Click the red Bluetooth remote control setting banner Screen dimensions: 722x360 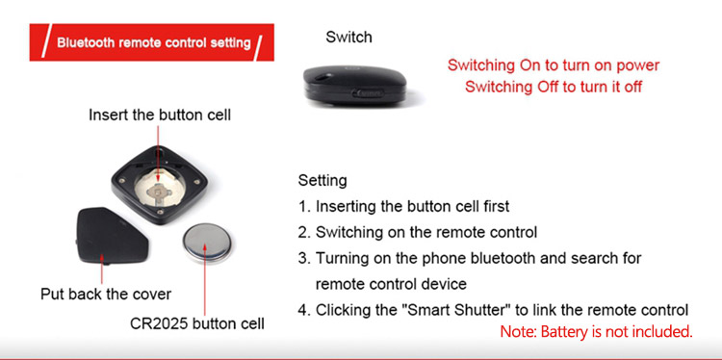click(x=151, y=42)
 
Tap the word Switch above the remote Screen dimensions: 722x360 click(x=348, y=38)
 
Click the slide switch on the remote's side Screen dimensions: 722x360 click(x=368, y=93)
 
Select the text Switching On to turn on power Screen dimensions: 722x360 click(x=553, y=65)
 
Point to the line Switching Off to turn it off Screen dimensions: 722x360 click(x=553, y=87)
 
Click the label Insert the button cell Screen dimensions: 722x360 click(x=160, y=115)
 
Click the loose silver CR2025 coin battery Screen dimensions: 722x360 click(x=207, y=243)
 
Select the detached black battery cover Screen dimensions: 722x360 click(x=112, y=236)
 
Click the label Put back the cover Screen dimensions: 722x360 click(x=106, y=295)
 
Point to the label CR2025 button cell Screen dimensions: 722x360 click(x=197, y=323)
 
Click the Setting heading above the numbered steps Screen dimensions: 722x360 click(x=322, y=180)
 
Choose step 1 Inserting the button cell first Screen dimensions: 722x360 click(x=403, y=206)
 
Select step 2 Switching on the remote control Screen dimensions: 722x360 click(x=417, y=232)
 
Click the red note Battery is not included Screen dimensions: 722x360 click(x=596, y=331)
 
